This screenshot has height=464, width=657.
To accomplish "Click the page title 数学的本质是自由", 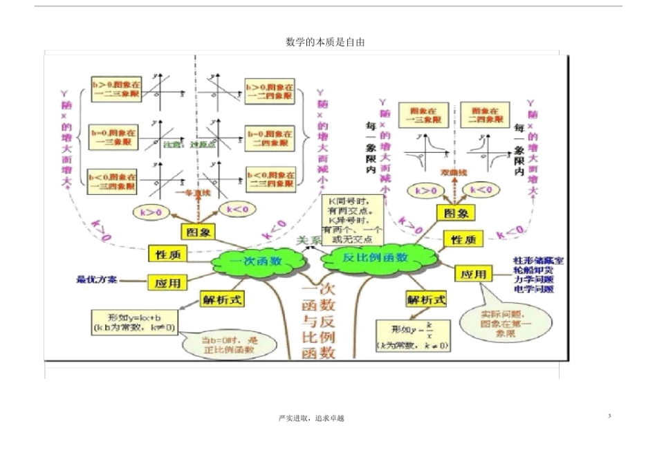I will tap(325, 42).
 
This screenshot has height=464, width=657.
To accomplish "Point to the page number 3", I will tap(609, 415).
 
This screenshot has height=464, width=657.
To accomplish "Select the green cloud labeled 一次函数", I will tap(256, 261).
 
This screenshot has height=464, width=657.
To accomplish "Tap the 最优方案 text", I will tap(97, 280).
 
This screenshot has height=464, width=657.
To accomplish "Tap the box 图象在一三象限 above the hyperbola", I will tap(425, 114).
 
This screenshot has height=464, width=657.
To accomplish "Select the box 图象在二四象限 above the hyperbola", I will tap(485, 114).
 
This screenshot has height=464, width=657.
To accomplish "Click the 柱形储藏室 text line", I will tap(538, 260).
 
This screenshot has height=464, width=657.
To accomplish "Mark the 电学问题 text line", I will tap(534, 290).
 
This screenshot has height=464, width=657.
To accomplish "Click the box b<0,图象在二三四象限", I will tap(270, 180).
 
